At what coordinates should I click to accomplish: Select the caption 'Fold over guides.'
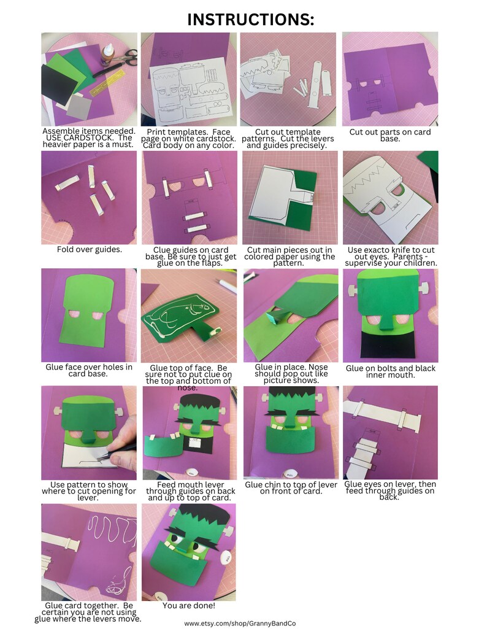[x=89, y=250]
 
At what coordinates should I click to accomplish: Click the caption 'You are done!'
[x=188, y=606]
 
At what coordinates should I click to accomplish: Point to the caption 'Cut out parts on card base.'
[x=390, y=136]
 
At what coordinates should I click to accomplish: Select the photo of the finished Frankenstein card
[x=188, y=552]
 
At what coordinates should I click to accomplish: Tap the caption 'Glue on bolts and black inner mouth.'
[x=389, y=371]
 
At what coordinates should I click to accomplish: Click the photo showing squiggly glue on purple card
[x=89, y=552]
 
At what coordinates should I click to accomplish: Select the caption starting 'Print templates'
[x=188, y=138]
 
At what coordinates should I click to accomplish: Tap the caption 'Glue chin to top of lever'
[x=288, y=487]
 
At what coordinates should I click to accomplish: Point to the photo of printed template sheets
[x=188, y=79]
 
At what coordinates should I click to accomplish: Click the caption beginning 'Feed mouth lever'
[x=188, y=490]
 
